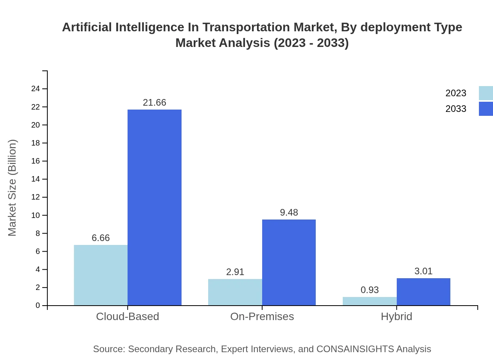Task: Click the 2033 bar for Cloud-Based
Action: click(155, 207)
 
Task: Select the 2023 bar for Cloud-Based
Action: click(101, 275)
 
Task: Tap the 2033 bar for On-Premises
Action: click(289, 262)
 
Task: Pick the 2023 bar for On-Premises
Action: click(235, 292)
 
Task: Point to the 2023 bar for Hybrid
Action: click(369, 301)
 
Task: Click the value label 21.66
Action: click(155, 103)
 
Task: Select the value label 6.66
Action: click(101, 238)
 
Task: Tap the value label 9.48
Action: click(289, 212)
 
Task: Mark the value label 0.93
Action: click(369, 290)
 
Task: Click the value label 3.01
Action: click(423, 271)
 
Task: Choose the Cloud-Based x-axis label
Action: click(128, 317)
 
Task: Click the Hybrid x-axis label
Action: click(396, 317)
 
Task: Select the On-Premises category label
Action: click(262, 317)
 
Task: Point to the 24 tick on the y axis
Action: click(36, 89)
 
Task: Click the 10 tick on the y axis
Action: click(36, 215)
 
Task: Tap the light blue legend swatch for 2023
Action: click(486, 93)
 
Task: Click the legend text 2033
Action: click(456, 109)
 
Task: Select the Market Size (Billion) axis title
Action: click(12, 188)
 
